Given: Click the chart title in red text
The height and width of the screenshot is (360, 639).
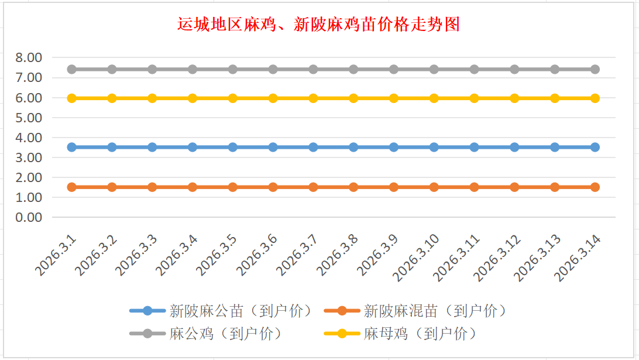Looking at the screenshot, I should tap(319, 25).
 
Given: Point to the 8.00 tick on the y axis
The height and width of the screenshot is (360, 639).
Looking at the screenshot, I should tap(29, 57).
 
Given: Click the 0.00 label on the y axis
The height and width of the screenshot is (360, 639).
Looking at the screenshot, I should tap(29, 217).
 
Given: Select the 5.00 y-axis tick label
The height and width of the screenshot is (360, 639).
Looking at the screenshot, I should tap(29, 118).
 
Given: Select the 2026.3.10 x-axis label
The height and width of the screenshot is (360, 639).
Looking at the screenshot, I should tap(417, 258).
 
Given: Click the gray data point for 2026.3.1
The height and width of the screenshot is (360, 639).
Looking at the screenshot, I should tap(72, 69).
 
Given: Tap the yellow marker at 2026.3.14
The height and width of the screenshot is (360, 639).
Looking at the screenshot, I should tap(595, 98).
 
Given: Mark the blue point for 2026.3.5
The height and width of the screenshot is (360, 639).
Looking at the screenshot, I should tap(233, 147).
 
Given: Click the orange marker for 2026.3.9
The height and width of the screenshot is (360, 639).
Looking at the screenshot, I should tap(394, 187).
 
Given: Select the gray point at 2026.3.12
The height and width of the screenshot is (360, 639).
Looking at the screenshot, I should tap(514, 69).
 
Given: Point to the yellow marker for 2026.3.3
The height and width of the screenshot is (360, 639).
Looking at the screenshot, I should tap(152, 98).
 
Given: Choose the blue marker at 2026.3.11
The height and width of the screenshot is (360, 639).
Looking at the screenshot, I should tap(474, 147).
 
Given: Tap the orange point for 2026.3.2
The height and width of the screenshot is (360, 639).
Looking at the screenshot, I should tap(112, 187).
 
